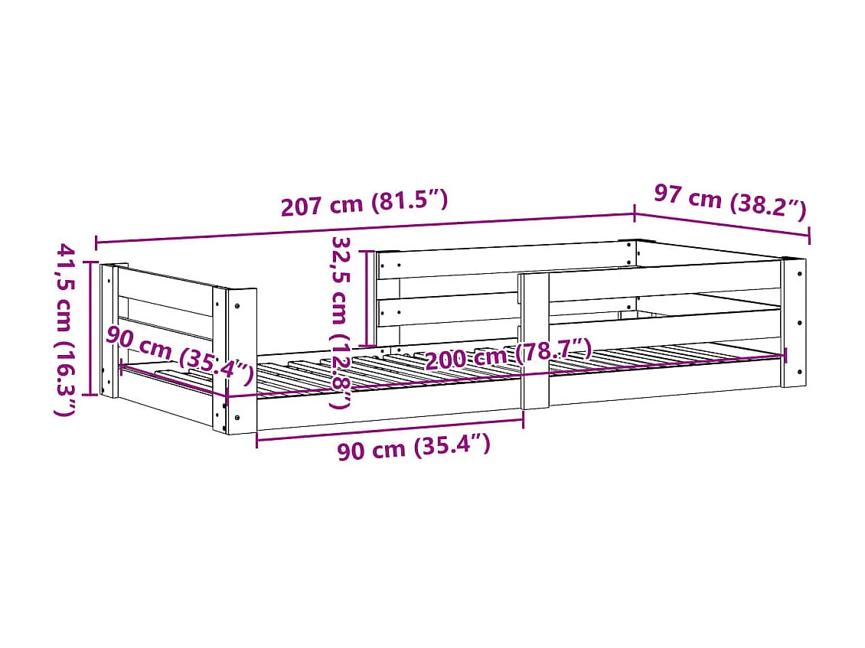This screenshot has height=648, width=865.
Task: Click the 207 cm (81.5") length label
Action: pos(364,204)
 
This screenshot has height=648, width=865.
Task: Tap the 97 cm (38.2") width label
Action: pos(730,201)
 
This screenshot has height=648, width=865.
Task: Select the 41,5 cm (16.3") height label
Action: pos(67,329)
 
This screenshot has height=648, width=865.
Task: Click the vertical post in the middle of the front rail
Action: pos(534,340)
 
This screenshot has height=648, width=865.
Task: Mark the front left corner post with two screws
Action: pos(240,360)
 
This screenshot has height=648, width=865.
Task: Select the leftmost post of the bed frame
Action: pos(109,331)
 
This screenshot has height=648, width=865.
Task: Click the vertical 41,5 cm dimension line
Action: pos(94,329)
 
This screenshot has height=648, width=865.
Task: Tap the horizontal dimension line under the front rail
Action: pos(390,428)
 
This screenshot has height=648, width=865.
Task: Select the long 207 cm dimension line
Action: pos(364,228)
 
